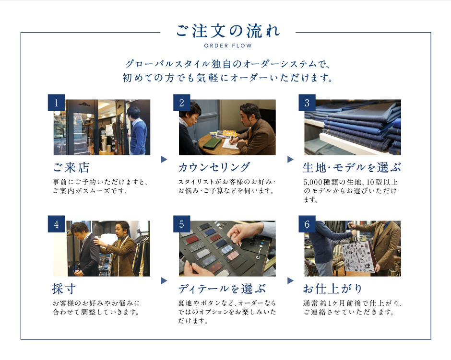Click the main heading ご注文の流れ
click(228, 31)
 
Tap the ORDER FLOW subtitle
click(228, 46)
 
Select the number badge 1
click(56, 103)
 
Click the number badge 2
click(181, 103)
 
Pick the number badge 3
click(307, 103)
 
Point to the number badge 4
click(56, 224)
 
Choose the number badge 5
click(181, 224)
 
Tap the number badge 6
click(307, 224)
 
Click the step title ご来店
click(71, 167)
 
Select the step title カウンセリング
click(214, 167)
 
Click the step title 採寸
click(64, 289)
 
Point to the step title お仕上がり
click(332, 289)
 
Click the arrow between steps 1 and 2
click(164, 159)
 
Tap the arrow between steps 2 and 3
click(290, 159)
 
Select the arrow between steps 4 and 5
click(164, 280)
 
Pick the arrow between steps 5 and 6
click(290, 280)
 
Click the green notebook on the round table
click(212, 142)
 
